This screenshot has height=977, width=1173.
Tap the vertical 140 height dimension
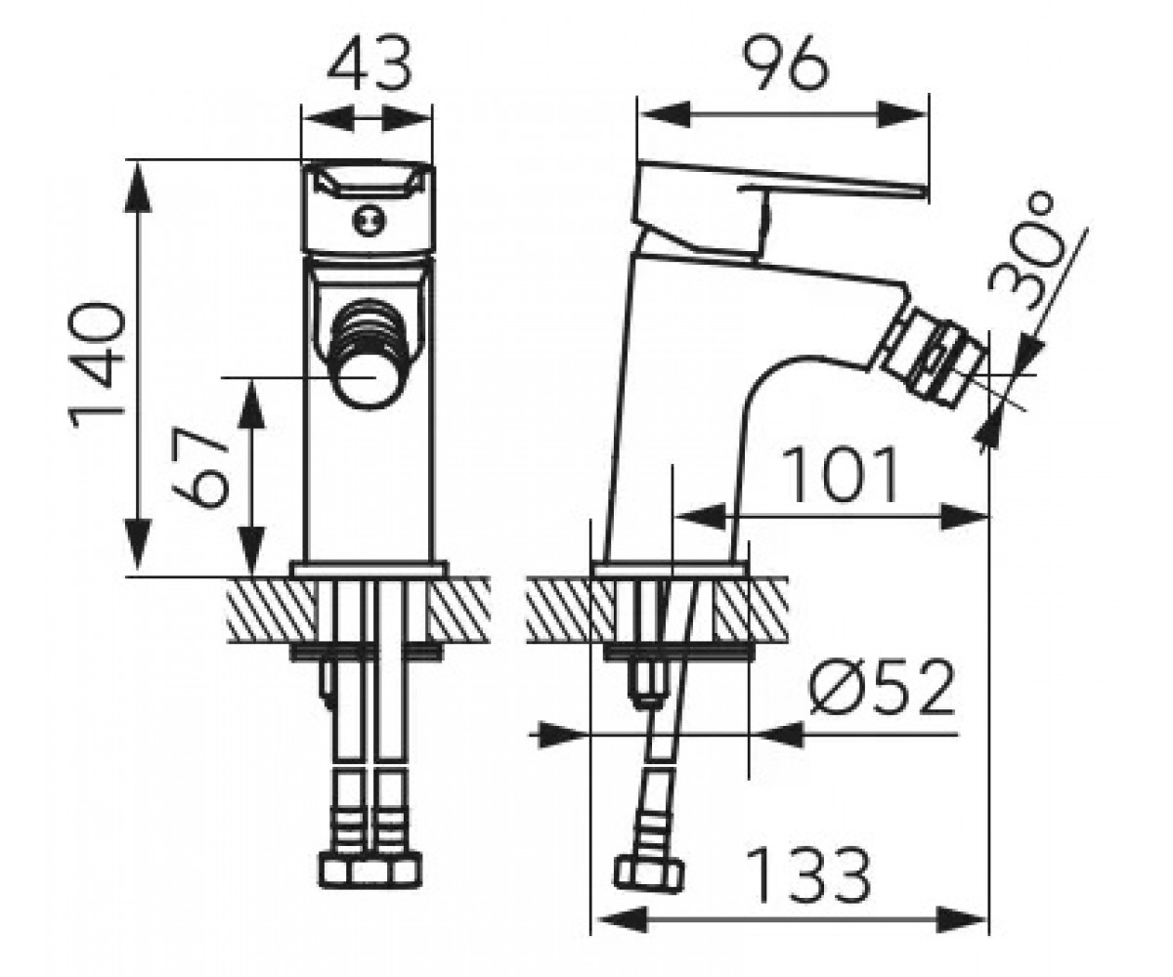tap(96, 365)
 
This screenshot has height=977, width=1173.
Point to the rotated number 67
tap(200, 467)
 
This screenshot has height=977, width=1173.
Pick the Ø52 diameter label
tap(882, 687)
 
